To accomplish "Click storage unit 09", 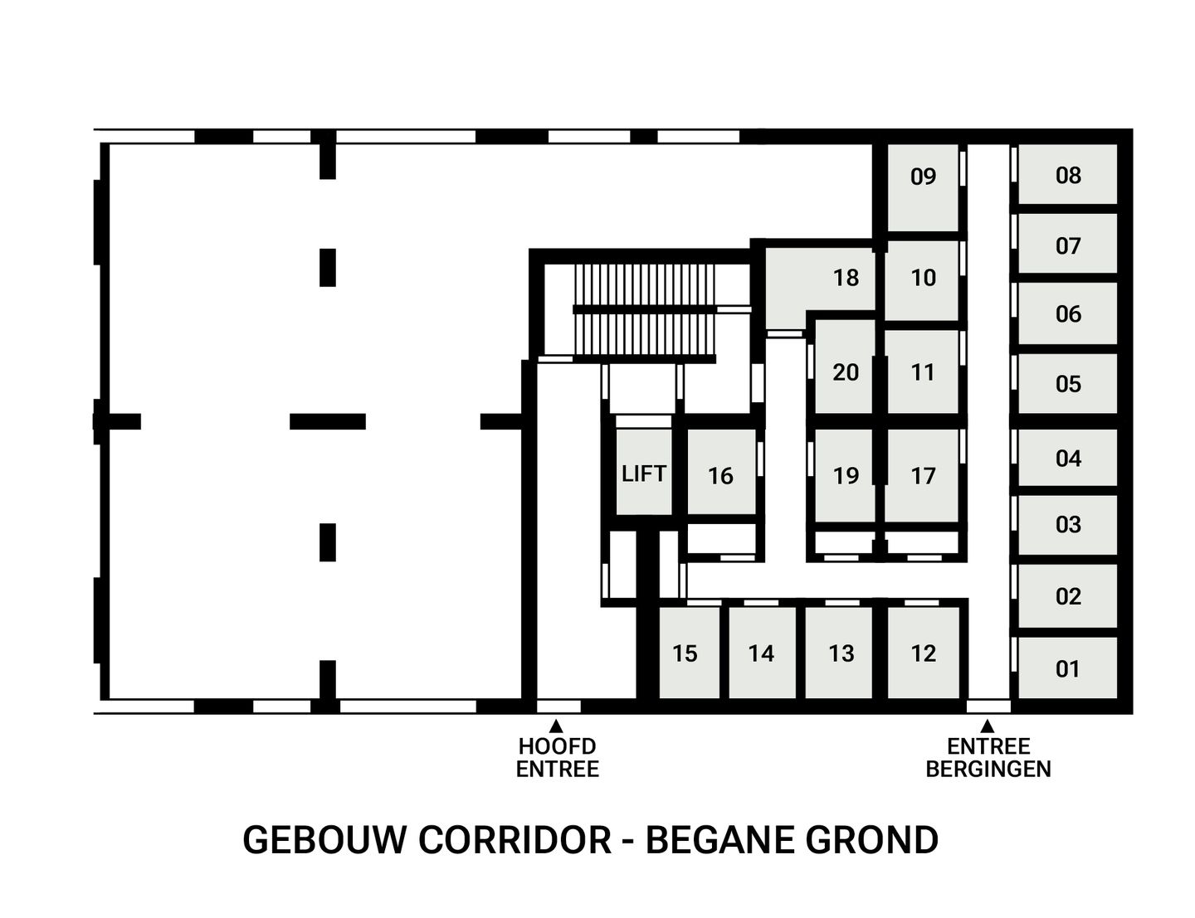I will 923,187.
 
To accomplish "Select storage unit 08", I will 1068,174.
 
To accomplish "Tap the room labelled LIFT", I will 644,473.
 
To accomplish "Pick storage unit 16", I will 720,474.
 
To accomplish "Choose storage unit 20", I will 845,372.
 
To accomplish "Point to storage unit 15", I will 689,653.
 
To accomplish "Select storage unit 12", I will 923,653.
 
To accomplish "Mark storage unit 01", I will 1068,668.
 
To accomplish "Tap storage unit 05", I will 1068,383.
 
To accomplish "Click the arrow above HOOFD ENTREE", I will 557,726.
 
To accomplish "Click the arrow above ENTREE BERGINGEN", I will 988,726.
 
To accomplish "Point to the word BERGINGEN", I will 988,769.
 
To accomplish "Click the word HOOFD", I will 557,746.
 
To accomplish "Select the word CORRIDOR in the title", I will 515,839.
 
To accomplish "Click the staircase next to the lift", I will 645,312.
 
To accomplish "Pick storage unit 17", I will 923,474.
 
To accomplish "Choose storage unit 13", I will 841,653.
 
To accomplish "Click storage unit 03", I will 1068,524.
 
